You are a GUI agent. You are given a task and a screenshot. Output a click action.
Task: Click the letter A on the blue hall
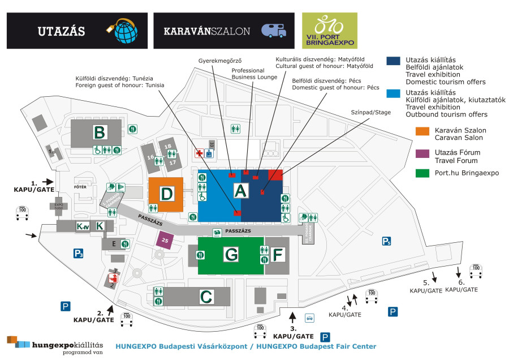pyautogui.click(x=241, y=191)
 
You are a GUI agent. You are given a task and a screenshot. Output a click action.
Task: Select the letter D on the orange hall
pyautogui.click(x=166, y=194)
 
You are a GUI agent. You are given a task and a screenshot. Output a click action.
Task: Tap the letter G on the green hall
pyautogui.click(x=231, y=255)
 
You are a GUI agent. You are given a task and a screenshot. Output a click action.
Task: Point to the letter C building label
pyautogui.click(x=206, y=296)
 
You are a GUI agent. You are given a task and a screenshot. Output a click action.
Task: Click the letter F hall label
pyautogui.click(x=277, y=255)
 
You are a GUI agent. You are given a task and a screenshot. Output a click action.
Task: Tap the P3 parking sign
pyautogui.click(x=78, y=253)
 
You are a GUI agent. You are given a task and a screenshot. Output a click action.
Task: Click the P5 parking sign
pyautogui.click(x=386, y=242)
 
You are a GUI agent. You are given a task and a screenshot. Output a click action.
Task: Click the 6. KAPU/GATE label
pyautogui.click(x=461, y=286)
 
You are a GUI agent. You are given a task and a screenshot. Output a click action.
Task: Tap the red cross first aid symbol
pyautogui.click(x=199, y=153)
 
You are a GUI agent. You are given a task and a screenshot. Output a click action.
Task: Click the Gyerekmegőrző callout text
pyautogui.click(x=220, y=60)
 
